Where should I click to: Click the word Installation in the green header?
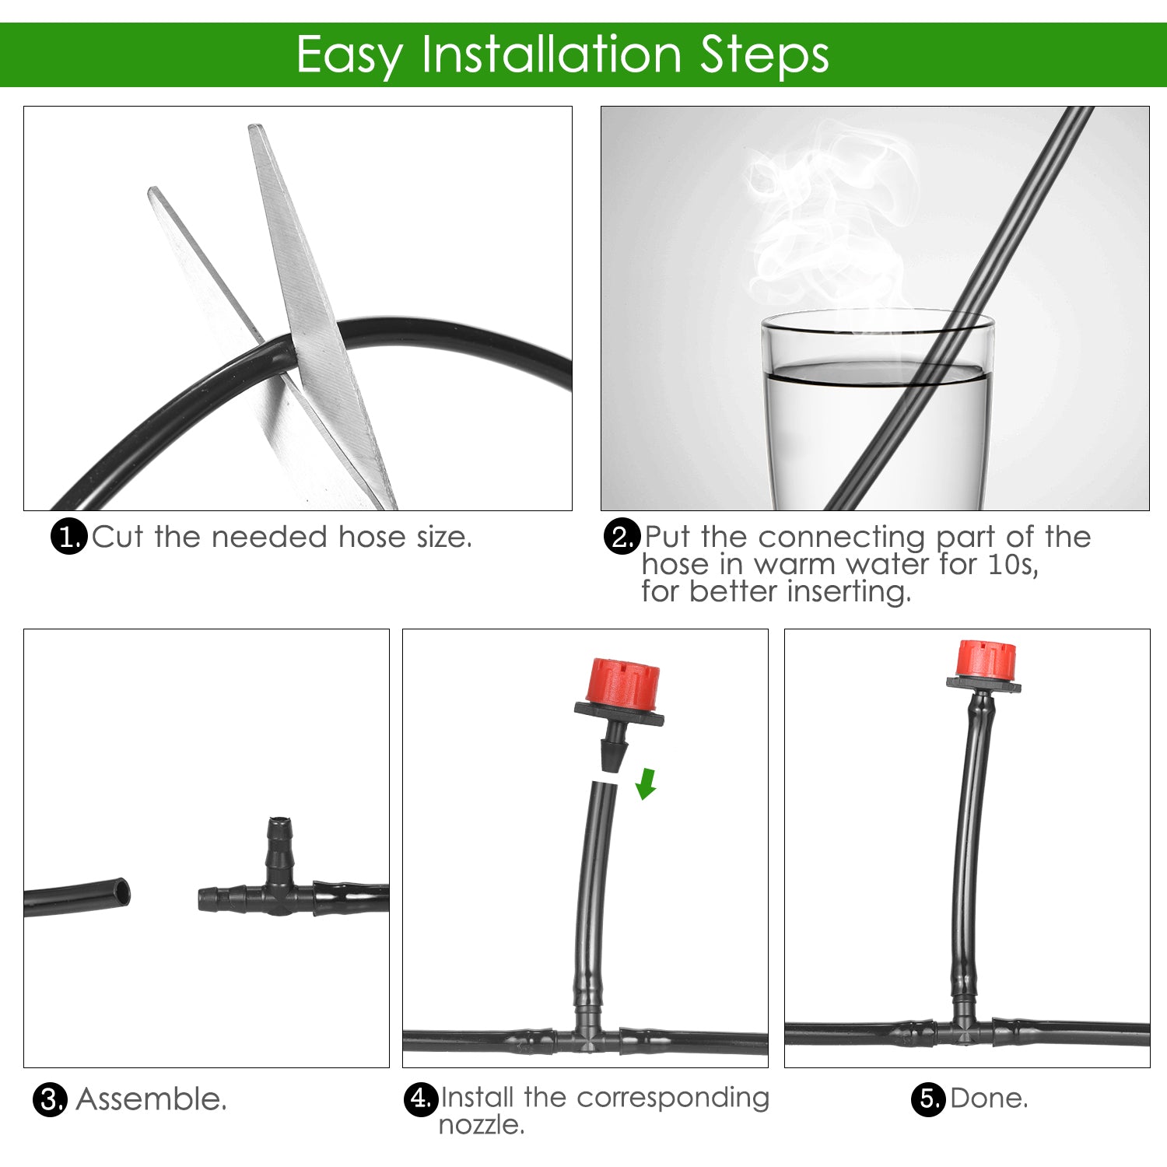(552, 54)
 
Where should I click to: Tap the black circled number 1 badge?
(68, 537)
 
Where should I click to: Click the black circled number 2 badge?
(622, 537)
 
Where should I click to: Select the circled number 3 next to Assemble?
(50, 1099)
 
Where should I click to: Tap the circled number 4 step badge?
(421, 1099)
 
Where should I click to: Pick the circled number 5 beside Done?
(928, 1099)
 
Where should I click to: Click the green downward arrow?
(646, 783)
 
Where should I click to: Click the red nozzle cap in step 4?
(624, 682)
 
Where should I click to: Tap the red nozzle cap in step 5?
(986, 659)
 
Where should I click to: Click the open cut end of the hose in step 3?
(121, 892)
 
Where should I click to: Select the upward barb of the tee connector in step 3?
(279, 844)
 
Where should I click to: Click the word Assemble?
(152, 1099)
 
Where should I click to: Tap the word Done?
(989, 1099)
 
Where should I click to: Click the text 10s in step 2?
(1012, 564)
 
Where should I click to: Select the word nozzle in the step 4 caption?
(481, 1125)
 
